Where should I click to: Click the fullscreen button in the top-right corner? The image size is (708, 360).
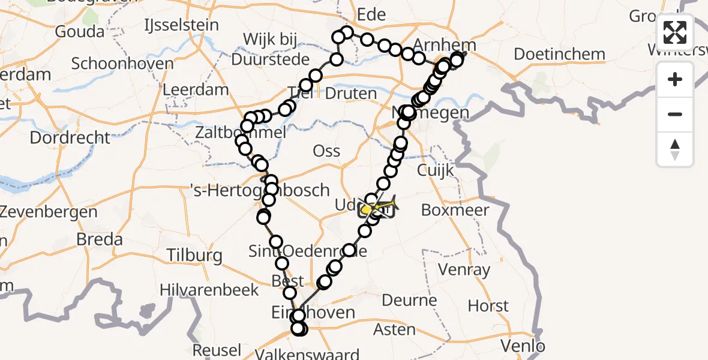tap(675, 32)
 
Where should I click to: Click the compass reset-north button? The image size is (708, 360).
tap(675, 149)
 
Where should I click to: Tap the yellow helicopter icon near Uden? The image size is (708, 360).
tap(378, 209)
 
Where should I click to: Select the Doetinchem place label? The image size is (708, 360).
tap(559, 54)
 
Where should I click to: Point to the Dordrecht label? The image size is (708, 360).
tap(70, 137)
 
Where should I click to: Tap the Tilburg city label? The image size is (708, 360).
tap(195, 255)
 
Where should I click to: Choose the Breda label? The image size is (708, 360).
tap(100, 239)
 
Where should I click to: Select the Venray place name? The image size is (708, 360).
tap(464, 269)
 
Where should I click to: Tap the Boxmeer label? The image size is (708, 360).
tap(455, 210)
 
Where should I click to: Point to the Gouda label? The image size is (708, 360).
tap(79, 31)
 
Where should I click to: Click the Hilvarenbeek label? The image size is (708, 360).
tap(209, 290)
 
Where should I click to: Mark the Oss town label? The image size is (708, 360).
tap(326, 151)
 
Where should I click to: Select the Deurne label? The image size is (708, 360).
tap(409, 299)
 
